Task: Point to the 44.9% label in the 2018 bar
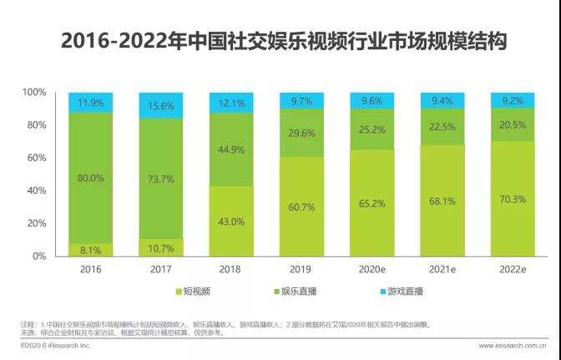[x=230, y=150]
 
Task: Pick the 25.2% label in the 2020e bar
[x=371, y=129]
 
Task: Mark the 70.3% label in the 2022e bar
[x=512, y=198]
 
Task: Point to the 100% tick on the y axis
[x=34, y=92]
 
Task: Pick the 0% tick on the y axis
[x=39, y=256]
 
